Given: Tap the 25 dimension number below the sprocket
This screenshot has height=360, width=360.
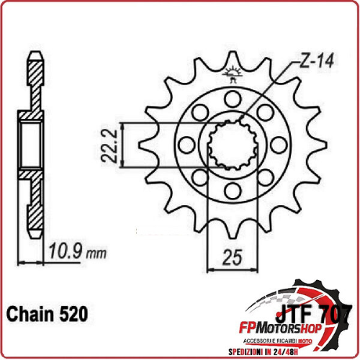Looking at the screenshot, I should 232,256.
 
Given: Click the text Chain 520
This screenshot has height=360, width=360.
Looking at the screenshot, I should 48,315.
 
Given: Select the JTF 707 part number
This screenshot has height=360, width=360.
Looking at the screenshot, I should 314,315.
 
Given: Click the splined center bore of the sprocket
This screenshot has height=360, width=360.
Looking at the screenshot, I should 233,144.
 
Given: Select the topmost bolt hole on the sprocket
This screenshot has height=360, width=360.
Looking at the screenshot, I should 233,99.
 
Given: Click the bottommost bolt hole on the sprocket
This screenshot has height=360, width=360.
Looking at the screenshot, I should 233,190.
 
